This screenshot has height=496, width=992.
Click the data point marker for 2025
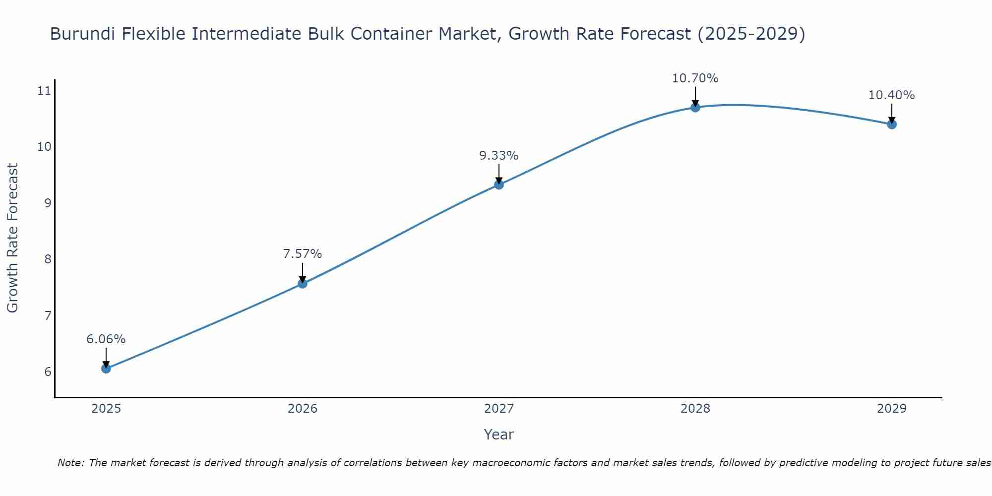point(106,369)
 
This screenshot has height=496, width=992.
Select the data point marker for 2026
point(302,284)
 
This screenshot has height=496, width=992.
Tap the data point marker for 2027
point(499,185)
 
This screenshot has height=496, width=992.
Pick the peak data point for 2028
point(695,107)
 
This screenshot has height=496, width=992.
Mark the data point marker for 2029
point(892,124)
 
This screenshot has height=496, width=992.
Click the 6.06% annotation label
point(106,339)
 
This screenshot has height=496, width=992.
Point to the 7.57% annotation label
point(302,254)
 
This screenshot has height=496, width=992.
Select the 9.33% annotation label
point(498,156)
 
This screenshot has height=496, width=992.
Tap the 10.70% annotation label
point(695,78)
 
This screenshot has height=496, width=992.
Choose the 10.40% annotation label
point(891,95)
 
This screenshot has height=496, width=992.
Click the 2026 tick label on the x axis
point(303,409)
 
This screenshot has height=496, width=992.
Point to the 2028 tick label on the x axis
point(695,409)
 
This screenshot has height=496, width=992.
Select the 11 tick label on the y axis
point(44,91)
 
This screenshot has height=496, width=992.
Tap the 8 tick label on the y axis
point(48,259)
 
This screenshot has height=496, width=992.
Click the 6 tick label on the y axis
point(48,372)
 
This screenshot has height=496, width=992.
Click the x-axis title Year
point(498,434)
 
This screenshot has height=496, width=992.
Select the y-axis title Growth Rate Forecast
point(12,238)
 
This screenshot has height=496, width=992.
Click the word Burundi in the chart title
point(83,34)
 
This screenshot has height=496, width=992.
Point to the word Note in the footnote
point(70,463)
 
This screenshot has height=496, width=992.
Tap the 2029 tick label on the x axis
point(892,409)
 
